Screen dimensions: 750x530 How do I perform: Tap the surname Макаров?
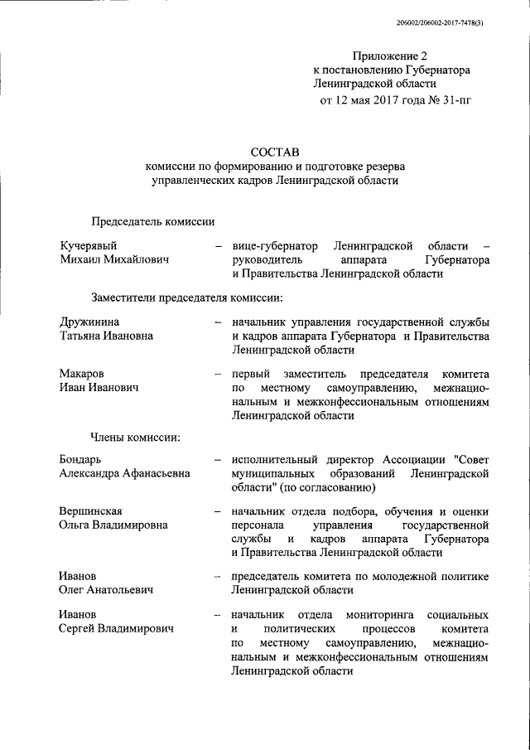[x=83, y=374]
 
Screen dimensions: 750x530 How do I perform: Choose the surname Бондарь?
[x=83, y=458]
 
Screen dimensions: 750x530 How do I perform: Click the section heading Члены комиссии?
[x=136, y=436]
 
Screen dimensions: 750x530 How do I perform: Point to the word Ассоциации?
[x=411, y=458]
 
